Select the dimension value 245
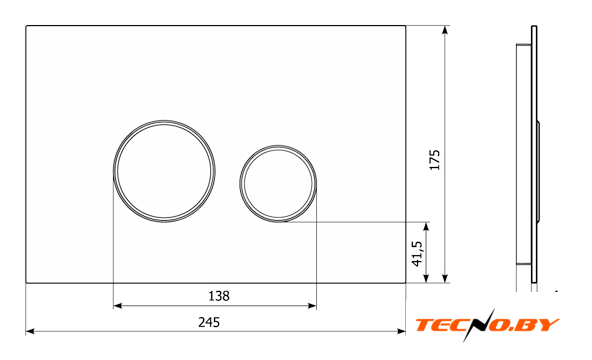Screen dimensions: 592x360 [209, 322]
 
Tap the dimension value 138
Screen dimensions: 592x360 [219, 296]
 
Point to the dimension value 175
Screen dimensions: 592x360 [435, 160]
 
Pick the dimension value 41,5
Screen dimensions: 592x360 [417, 254]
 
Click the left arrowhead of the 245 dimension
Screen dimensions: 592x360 [30, 331]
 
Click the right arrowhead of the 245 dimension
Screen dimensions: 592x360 [401, 331]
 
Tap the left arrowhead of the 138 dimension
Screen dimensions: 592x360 [118, 306]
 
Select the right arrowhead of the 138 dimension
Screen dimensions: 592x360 [312, 306]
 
